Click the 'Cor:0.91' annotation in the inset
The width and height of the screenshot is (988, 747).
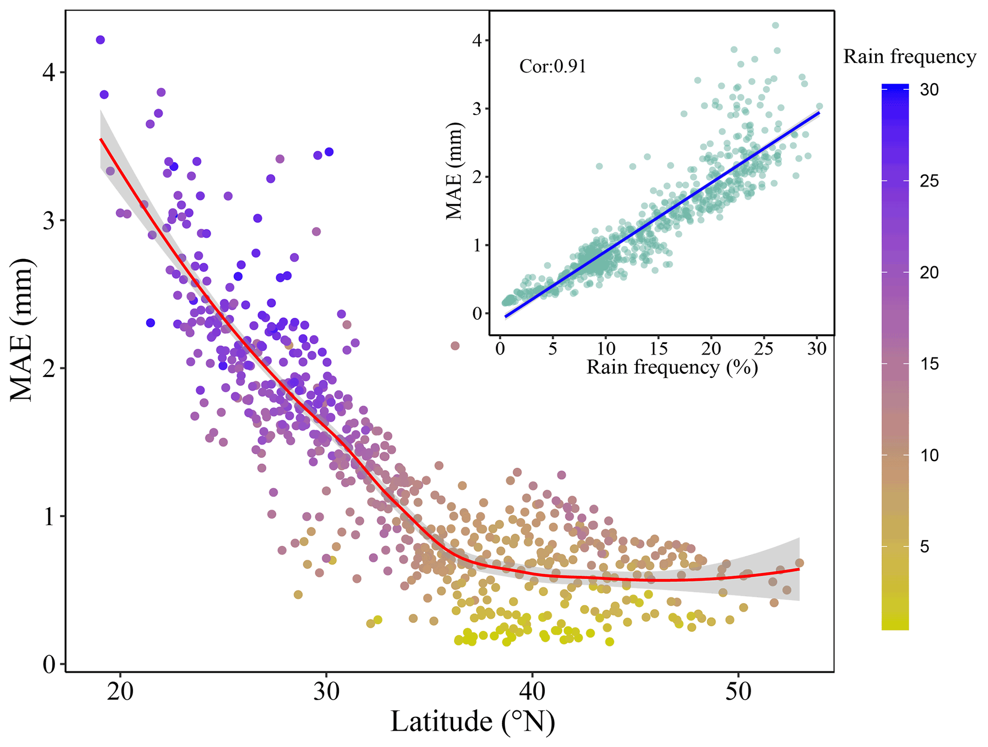(553, 66)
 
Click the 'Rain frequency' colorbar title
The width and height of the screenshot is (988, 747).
(909, 57)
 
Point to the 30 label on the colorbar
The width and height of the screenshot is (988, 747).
(929, 90)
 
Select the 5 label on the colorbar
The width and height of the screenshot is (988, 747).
(924, 547)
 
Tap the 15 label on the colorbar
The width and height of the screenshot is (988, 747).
(929, 364)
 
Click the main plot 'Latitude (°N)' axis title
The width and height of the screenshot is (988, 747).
(472, 722)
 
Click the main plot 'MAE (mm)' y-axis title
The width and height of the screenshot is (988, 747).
(22, 330)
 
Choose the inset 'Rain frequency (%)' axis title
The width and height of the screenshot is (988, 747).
(672, 368)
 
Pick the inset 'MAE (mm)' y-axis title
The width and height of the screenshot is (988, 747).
(455, 171)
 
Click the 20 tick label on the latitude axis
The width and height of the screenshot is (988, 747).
(120, 692)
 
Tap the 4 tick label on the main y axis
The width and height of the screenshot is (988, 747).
(49, 73)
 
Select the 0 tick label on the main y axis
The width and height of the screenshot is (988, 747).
(49, 665)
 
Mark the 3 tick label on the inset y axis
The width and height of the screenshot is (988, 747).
(477, 109)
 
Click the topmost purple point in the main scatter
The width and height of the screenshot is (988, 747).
(100, 40)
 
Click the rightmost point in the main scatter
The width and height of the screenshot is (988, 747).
(799, 563)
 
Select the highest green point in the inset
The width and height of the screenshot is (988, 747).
(775, 25)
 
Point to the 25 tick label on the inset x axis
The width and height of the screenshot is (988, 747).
(763, 349)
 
